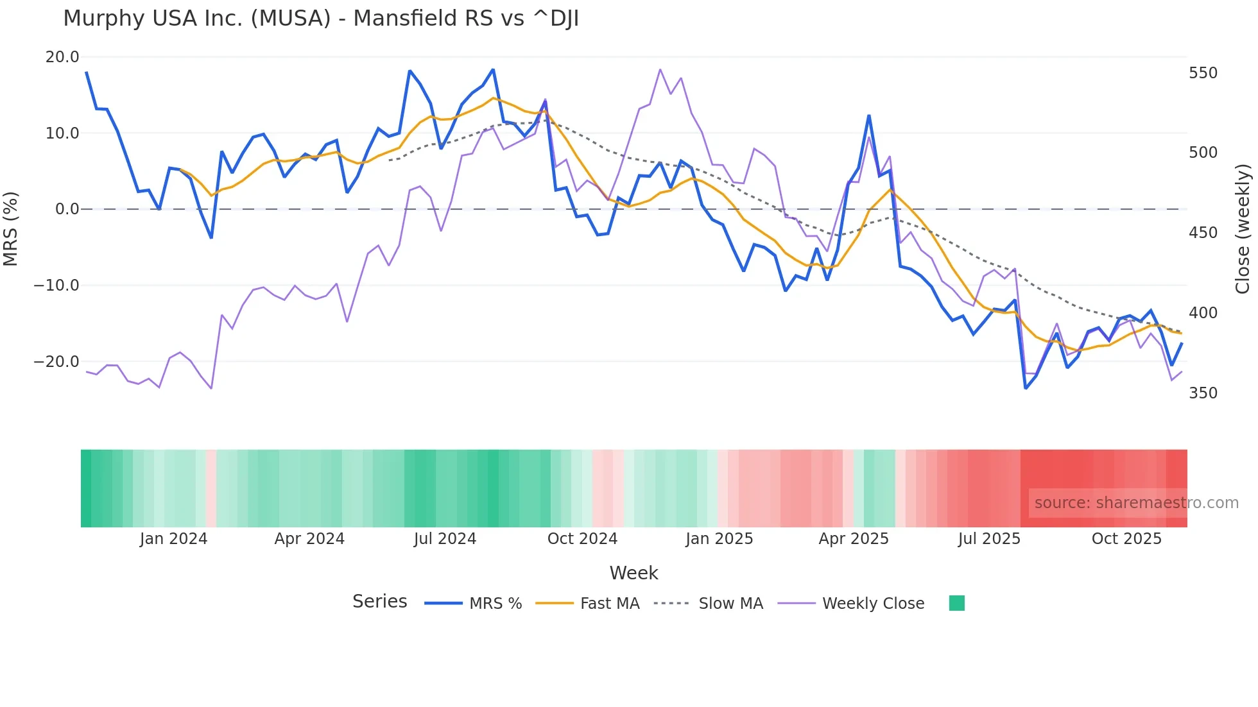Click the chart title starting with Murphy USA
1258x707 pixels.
321,19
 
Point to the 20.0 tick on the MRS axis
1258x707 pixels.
62,57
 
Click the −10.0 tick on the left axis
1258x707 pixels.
56,285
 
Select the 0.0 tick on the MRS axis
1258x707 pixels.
67,209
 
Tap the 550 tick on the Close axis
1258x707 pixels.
1203,73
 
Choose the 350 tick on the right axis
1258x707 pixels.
1203,393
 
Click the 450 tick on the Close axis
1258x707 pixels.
1203,233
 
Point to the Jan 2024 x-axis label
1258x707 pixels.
173,539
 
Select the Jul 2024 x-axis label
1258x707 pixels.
445,539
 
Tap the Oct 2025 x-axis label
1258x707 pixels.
1126,539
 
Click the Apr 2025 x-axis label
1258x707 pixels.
854,539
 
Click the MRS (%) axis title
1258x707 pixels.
11,229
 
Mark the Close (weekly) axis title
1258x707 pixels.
1243,229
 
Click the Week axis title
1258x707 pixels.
633,573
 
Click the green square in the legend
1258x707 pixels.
956,603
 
